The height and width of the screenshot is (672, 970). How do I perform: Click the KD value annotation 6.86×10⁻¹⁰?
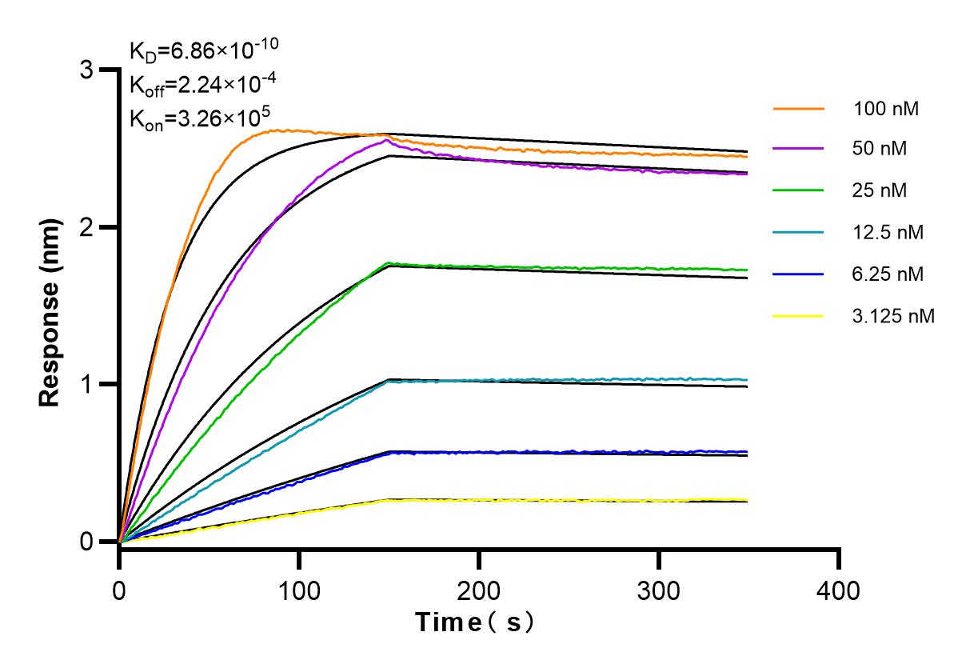point(204,53)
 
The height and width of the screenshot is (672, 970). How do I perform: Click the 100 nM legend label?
point(885,108)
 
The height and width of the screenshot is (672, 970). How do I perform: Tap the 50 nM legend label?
point(880,150)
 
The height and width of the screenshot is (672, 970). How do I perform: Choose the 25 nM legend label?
point(880,191)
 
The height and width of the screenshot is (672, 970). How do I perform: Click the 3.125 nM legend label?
point(893,316)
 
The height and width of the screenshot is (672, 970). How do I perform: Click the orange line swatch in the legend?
point(798,108)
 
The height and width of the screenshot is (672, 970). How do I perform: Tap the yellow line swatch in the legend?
point(798,316)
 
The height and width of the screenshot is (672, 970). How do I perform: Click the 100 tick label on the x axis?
point(299,591)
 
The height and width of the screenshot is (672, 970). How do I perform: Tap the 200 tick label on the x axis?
point(479,591)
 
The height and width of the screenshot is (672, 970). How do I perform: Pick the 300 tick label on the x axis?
point(659,591)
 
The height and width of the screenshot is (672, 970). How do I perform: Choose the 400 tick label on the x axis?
point(839,591)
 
